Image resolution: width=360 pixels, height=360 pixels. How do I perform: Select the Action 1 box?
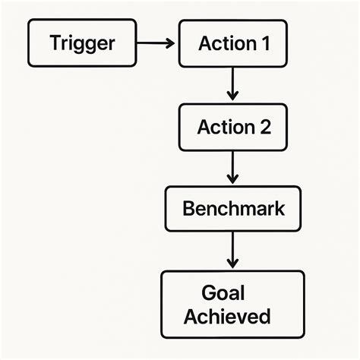pyautogui.click(x=233, y=43)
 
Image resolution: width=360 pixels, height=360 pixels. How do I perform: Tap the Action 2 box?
pyautogui.click(x=233, y=127)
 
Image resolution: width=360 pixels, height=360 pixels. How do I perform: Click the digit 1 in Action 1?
pyautogui.click(x=264, y=43)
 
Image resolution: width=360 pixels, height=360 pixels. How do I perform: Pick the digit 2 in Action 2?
pyautogui.click(x=264, y=127)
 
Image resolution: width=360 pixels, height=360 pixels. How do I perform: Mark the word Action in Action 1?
pyautogui.click(x=226, y=43)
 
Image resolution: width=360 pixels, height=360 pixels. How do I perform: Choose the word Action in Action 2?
pyautogui.click(x=226, y=127)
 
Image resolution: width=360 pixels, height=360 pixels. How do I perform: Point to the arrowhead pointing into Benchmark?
pyautogui.click(x=233, y=180)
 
